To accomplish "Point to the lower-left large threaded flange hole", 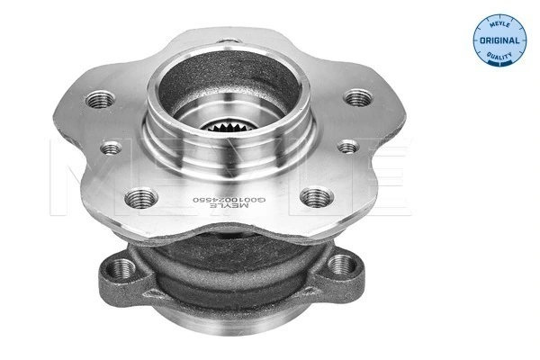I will point(141,198).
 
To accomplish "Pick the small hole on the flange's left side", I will point(112,148).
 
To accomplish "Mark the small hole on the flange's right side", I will point(346,146).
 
